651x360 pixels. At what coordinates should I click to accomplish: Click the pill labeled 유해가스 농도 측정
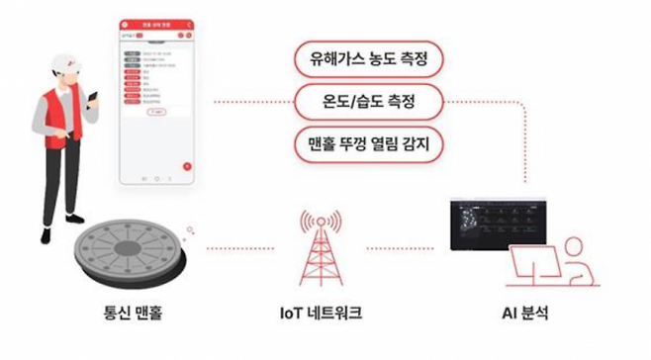pyautogui.click(x=369, y=56)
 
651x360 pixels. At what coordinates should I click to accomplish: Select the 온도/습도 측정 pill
pyautogui.click(x=369, y=100)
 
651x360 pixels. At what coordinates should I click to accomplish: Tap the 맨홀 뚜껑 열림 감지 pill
pyautogui.click(x=369, y=143)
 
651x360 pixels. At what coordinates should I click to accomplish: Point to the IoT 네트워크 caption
pyautogui.click(x=322, y=314)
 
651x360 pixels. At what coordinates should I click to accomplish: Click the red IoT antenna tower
pyautogui.click(x=320, y=252)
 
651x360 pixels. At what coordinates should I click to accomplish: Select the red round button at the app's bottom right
pyautogui.click(x=185, y=166)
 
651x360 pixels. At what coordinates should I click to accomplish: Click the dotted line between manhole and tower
pyautogui.click(x=237, y=247)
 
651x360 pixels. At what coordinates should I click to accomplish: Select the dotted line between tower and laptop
pyautogui.click(x=406, y=247)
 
